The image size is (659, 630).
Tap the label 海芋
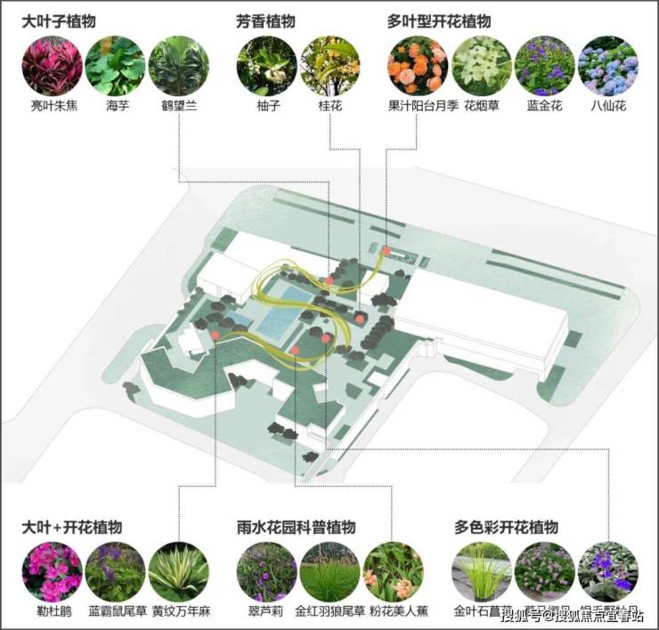115,106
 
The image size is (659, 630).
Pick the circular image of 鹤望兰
178,66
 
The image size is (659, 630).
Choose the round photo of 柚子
266,66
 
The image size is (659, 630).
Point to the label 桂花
330,106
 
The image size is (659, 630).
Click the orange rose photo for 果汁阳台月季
418,66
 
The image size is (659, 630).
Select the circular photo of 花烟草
481,66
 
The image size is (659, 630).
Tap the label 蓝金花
544,106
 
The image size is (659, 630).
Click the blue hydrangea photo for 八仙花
608,66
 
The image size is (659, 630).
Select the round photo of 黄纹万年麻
178,572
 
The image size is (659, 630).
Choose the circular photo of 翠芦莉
266,572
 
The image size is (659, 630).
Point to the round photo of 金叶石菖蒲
482,572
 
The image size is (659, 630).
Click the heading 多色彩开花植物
506,528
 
